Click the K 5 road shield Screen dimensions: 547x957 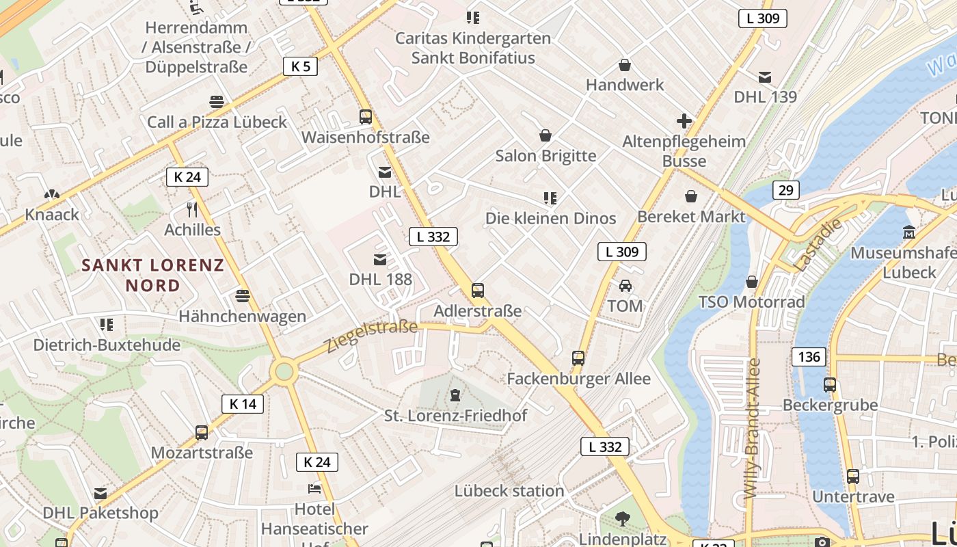(x=300, y=66)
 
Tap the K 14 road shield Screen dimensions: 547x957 (x=243, y=404)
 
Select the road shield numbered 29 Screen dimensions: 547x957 (x=786, y=190)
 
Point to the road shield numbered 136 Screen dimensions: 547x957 (x=809, y=357)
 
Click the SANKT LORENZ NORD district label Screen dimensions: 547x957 (x=153, y=275)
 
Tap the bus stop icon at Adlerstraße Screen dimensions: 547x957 (x=478, y=291)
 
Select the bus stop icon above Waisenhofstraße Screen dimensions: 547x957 (x=366, y=117)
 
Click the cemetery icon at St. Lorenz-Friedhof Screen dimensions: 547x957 (x=455, y=395)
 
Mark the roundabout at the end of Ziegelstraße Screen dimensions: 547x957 (x=284, y=372)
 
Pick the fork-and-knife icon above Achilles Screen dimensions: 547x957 (x=192, y=209)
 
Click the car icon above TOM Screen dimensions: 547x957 (x=625, y=286)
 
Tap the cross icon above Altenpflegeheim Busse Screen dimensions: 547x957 (x=684, y=122)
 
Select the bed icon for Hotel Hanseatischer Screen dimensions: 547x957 (x=314, y=489)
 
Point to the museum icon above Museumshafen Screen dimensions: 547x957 (x=908, y=232)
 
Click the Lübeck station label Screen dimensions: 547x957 (x=509, y=491)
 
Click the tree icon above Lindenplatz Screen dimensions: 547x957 (x=622, y=519)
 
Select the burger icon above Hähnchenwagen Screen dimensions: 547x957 (x=242, y=296)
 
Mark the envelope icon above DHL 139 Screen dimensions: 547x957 (x=765, y=77)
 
